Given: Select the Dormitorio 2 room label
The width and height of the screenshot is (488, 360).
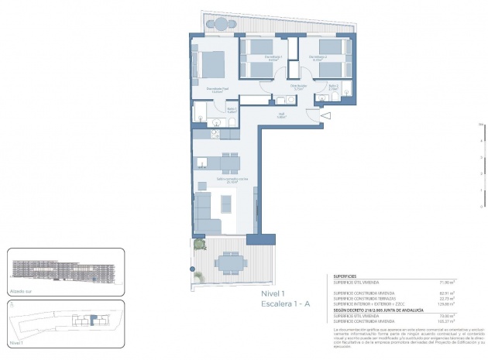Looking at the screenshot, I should tap(319, 57).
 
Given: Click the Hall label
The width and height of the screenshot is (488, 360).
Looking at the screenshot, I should tap(283, 115).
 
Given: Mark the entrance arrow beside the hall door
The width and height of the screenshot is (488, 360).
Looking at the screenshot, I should tap(325, 116).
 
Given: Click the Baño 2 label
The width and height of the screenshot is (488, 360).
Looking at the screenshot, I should tap(332, 87).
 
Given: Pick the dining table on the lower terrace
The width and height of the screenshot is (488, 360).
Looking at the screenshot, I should tap(230, 264).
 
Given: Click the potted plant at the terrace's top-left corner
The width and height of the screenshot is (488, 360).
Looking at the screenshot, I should tap(200, 245).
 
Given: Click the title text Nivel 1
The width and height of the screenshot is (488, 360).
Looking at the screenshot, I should tap(273, 294).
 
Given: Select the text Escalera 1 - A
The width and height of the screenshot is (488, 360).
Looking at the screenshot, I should tap(285, 305).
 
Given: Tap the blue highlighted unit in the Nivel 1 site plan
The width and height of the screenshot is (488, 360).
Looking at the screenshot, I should tap(80, 320).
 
